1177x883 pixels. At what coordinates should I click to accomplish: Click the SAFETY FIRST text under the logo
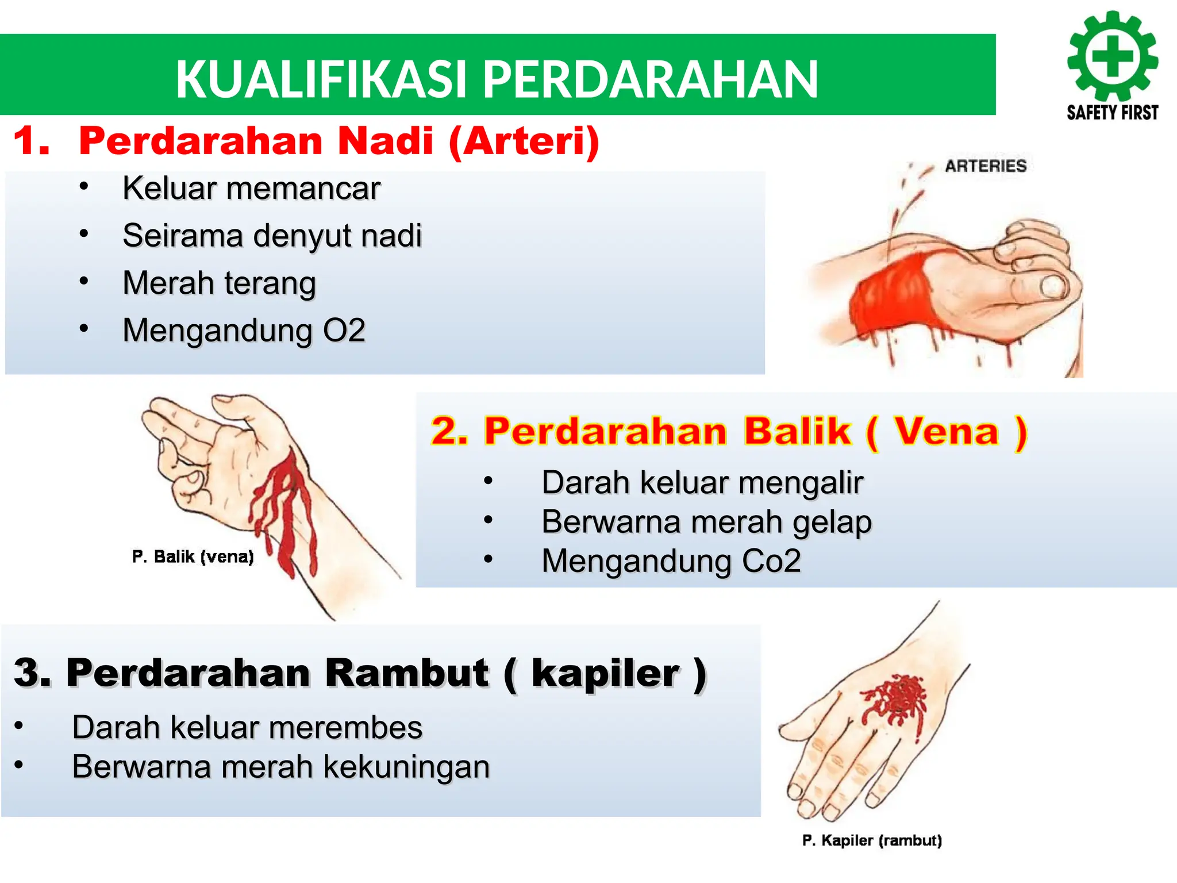(x=1113, y=113)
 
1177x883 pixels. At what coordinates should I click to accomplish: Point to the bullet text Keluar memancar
(x=251, y=189)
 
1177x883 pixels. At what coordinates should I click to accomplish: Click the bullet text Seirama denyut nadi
(x=272, y=236)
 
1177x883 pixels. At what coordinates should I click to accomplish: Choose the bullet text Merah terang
(x=219, y=283)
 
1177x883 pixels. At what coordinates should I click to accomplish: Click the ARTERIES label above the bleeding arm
(x=986, y=166)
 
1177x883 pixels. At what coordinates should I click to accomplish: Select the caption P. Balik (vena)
(x=193, y=556)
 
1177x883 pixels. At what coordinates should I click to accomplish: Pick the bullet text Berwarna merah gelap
(x=706, y=522)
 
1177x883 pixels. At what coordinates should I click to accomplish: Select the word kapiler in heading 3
(x=605, y=673)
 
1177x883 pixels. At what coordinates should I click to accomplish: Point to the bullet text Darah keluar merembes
(x=247, y=727)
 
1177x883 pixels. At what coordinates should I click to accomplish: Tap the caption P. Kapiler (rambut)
(x=872, y=840)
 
